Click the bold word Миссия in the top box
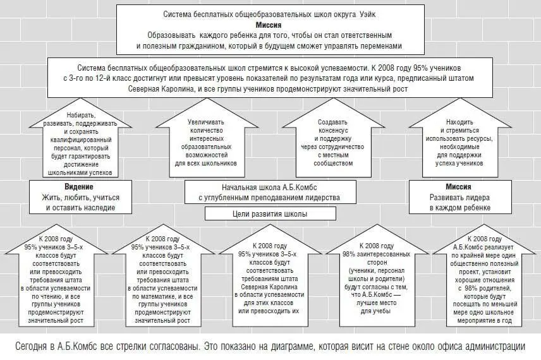coord(270,25)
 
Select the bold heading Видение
coord(79,188)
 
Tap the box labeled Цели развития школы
coord(270,213)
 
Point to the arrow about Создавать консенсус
coord(334,142)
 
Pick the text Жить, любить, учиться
coord(79,197)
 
